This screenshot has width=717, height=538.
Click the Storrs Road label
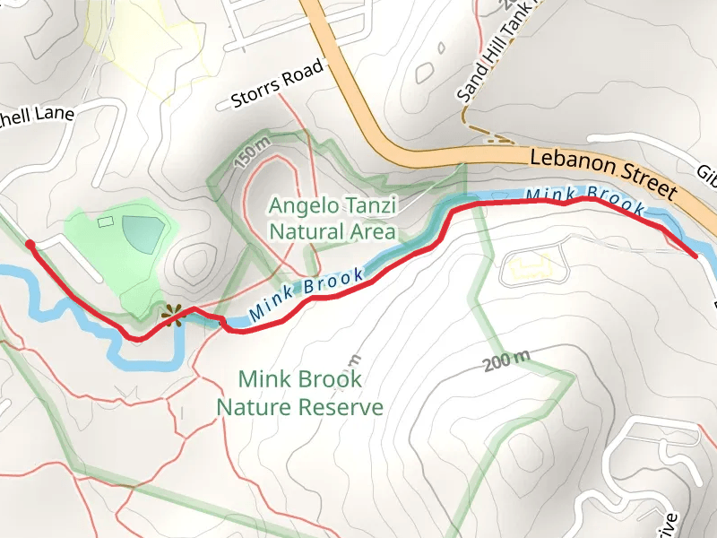(276, 87)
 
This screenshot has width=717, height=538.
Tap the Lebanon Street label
(602, 173)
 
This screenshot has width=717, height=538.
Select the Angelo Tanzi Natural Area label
(333, 220)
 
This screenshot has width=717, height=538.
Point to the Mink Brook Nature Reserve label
(300, 393)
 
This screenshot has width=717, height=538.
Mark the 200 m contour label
(506, 362)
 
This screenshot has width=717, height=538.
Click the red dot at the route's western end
(30, 244)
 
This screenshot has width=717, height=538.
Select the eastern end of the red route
(695, 256)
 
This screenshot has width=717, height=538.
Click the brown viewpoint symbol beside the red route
(171, 315)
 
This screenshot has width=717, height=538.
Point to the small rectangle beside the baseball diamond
(106, 221)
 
